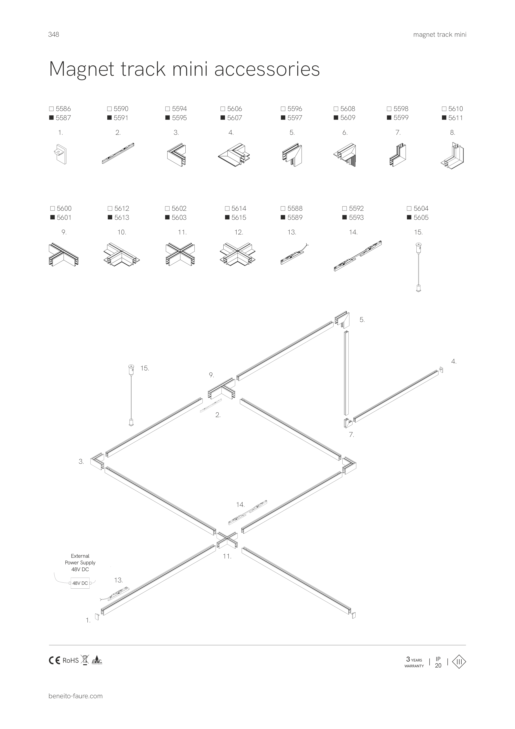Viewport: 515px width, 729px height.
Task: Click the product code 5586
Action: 63,109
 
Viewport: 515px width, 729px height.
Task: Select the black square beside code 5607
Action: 223,118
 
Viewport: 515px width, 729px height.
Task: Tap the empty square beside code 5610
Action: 444,109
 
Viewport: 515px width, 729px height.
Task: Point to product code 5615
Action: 239,218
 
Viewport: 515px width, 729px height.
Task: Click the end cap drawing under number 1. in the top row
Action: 60,154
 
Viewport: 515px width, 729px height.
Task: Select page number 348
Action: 54,34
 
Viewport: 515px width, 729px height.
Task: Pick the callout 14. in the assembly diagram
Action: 240,504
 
